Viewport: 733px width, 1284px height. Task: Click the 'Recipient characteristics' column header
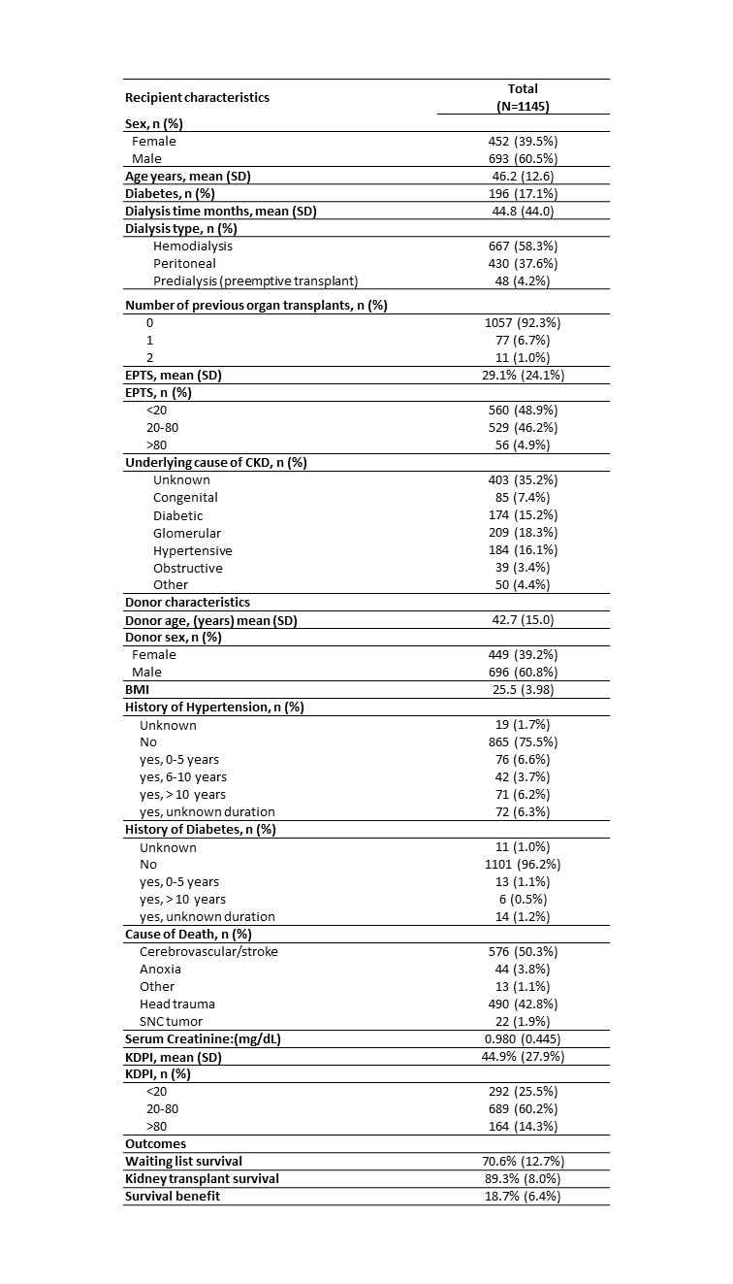[x=197, y=97]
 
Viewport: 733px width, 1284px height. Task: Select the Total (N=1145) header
[x=523, y=97]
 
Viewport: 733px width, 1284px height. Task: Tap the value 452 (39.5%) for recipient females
[x=523, y=141]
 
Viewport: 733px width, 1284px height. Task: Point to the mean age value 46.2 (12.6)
[x=523, y=176]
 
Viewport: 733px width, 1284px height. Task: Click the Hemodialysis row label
[x=193, y=246]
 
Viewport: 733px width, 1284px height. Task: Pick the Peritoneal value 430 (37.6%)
[x=523, y=263]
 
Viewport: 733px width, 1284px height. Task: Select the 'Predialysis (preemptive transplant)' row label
[x=255, y=280]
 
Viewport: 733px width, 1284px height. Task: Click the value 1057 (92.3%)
[x=523, y=322]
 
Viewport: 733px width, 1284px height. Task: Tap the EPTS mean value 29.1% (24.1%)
[x=523, y=375]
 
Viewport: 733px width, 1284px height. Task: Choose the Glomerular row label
[x=186, y=533]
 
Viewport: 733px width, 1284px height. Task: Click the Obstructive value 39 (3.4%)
[x=523, y=568]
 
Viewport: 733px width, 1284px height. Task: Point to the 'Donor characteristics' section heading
[x=187, y=602]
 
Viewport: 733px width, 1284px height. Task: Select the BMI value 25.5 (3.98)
[x=523, y=689]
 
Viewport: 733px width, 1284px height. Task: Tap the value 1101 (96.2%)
[x=523, y=864]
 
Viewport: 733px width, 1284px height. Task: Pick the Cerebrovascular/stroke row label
[x=208, y=951]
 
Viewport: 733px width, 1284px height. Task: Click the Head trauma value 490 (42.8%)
[x=523, y=1004]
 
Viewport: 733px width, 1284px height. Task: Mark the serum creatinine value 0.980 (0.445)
[x=523, y=1038]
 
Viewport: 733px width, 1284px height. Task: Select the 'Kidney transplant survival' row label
[x=202, y=1178]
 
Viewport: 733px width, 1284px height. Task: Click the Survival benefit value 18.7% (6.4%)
[x=523, y=1196]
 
